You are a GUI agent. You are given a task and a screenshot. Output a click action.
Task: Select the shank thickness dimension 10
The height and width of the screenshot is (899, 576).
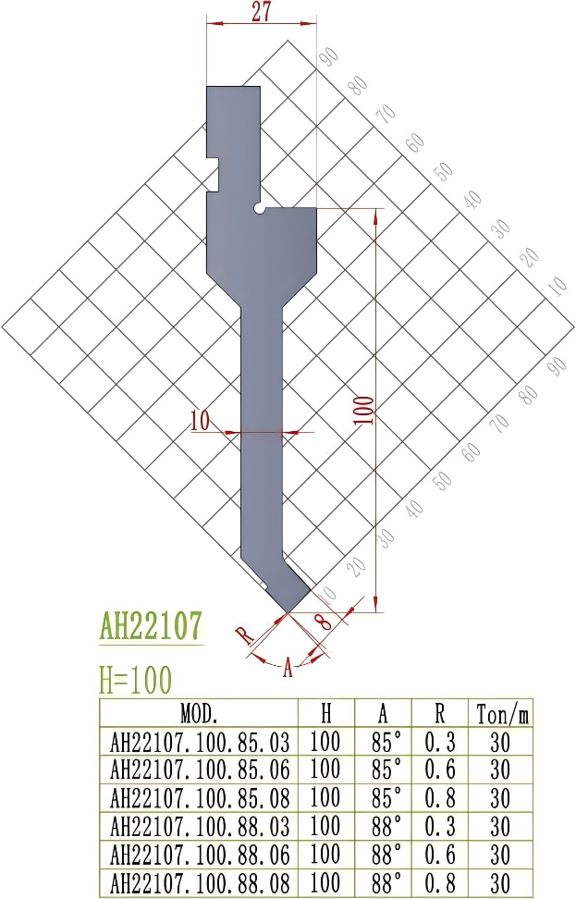[x=200, y=422]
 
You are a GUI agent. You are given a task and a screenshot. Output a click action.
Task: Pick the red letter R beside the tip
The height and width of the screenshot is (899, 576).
[x=243, y=634]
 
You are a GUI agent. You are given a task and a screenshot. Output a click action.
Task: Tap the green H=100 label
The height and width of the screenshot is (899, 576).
[x=135, y=681]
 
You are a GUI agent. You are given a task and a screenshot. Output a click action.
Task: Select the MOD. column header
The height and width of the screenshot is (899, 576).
[x=198, y=714]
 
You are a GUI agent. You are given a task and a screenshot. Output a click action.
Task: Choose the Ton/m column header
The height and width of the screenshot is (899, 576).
[x=500, y=714]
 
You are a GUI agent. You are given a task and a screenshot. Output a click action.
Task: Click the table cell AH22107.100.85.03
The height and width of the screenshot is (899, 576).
[x=199, y=743]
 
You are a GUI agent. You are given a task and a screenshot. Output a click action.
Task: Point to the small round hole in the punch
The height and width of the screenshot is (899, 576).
[x=262, y=209]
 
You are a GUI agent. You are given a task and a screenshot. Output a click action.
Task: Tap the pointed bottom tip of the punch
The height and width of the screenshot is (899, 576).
[x=288, y=611]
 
